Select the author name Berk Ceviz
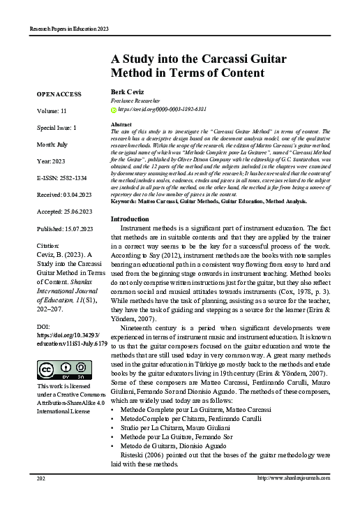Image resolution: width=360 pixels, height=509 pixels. [124, 92]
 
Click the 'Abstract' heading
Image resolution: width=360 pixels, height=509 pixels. [121, 124]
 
